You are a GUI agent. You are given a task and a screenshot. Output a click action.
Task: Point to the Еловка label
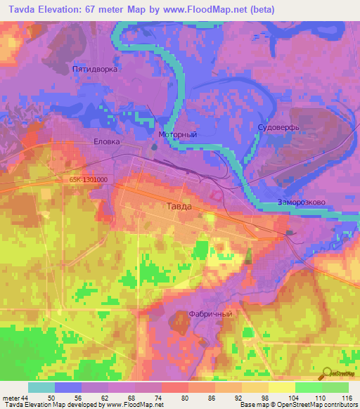[x=108, y=141]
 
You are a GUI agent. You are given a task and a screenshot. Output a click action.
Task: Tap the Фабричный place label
[x=210, y=314]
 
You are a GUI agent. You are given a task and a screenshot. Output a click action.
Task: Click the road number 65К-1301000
[x=89, y=179]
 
